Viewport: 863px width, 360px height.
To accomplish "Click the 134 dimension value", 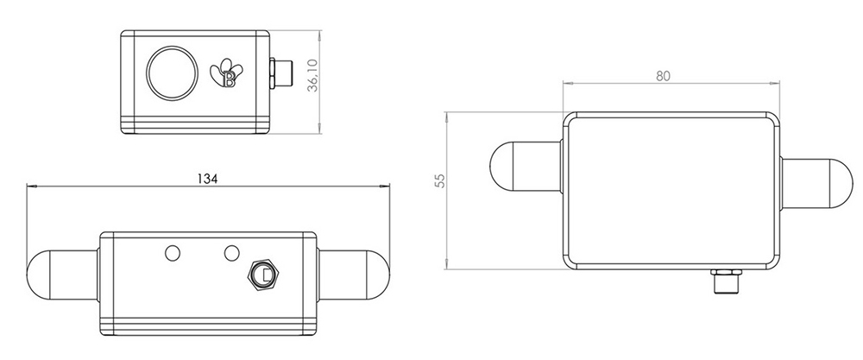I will [206, 178].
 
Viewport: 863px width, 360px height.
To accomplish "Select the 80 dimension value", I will [663, 75].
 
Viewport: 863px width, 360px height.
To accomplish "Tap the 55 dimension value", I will [439, 180].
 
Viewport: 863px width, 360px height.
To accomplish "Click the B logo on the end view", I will [229, 74].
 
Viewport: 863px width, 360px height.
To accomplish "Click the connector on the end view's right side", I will [282, 73].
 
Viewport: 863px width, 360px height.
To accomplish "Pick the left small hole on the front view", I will [173, 252].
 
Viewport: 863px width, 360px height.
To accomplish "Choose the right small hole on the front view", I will [230, 252].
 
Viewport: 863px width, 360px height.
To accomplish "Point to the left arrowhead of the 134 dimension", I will [32, 186].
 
